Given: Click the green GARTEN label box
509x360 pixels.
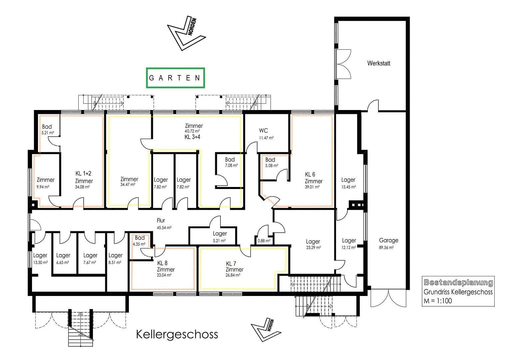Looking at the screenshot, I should [175, 78].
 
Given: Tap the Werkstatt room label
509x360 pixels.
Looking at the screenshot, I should [378, 63].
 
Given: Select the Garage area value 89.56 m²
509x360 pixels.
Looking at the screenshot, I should [386, 248].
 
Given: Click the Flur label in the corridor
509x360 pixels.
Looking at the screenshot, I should [161, 220].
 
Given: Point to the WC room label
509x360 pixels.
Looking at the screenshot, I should [263, 131].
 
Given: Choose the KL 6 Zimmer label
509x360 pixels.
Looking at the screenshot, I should [313, 178].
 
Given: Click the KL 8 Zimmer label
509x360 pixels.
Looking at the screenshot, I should [166, 266].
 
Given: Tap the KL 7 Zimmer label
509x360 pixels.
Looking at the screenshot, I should [234, 266].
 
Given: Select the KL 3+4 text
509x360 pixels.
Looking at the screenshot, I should [192, 137].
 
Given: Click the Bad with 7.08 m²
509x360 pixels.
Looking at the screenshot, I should [230, 162].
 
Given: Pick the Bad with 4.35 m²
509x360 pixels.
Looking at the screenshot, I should [140, 240].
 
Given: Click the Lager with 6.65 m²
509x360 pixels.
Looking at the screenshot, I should [63, 258].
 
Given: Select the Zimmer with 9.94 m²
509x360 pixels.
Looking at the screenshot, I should [45, 183].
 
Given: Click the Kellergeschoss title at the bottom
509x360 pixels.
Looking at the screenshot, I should [177, 334].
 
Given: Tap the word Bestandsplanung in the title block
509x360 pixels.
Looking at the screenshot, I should [458, 283].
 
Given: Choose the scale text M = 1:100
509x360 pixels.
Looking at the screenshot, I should [438, 301].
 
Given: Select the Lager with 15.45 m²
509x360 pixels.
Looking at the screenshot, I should [348, 183].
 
